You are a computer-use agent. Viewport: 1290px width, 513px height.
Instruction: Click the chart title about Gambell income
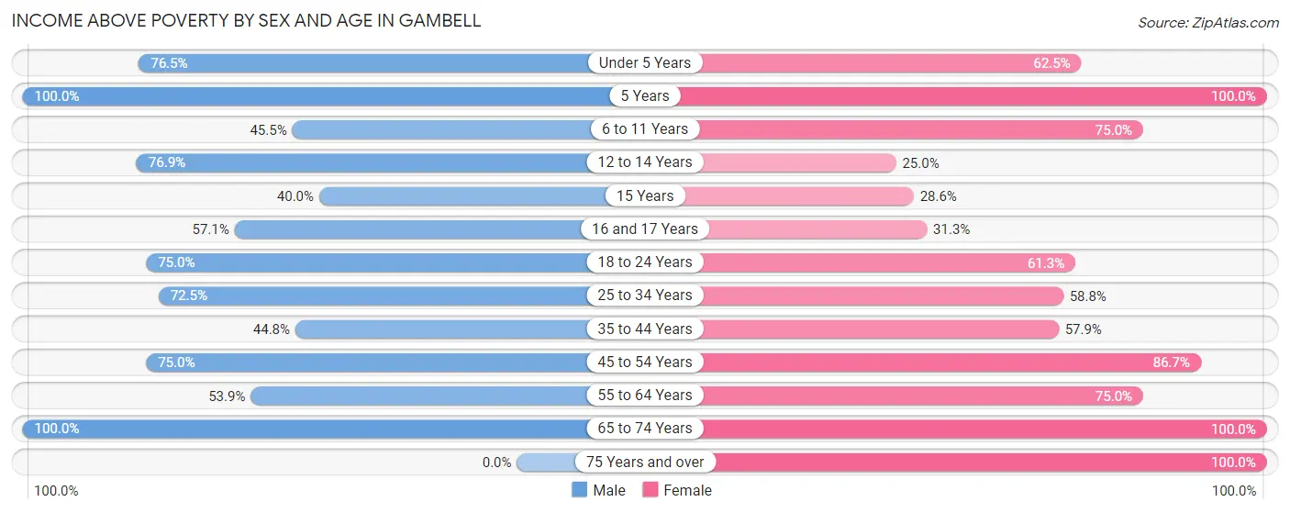[x=246, y=20]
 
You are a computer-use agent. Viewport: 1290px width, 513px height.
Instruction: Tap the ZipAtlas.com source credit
[x=1208, y=22]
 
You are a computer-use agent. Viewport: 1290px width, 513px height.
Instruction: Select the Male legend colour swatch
[x=579, y=490]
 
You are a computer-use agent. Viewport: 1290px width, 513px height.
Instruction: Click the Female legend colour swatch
[x=651, y=490]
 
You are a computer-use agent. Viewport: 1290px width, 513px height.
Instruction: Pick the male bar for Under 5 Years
[x=367, y=63]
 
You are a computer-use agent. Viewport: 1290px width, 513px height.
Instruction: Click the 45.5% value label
[x=268, y=129]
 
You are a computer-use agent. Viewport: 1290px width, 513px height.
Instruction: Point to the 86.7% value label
[x=1171, y=362]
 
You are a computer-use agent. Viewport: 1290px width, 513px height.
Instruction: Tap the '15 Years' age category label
[x=644, y=195]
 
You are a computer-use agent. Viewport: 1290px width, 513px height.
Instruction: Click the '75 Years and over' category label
[x=644, y=462]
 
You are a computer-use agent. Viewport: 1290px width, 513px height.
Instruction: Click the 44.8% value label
[x=272, y=329]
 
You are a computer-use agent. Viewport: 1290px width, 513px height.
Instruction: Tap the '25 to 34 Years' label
[x=644, y=296]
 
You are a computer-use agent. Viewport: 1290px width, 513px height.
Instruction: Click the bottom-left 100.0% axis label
[x=57, y=491]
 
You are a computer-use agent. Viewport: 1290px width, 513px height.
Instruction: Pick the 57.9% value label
[x=1083, y=329]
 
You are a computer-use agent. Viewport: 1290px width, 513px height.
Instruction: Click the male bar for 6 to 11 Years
[x=440, y=129]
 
